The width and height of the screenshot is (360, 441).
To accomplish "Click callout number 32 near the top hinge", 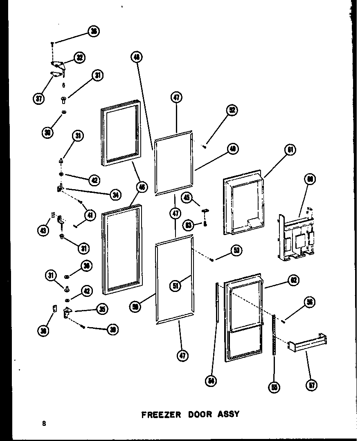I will (79, 57).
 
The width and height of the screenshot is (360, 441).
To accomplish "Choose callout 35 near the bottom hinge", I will (102, 309).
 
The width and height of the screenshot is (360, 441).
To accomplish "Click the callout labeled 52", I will (232, 110).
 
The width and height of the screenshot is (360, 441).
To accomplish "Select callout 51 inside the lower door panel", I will (175, 286).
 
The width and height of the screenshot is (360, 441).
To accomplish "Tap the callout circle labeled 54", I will (211, 381).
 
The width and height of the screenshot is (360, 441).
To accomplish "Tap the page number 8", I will (43, 424).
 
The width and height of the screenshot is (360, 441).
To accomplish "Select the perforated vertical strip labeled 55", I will (274, 336).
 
